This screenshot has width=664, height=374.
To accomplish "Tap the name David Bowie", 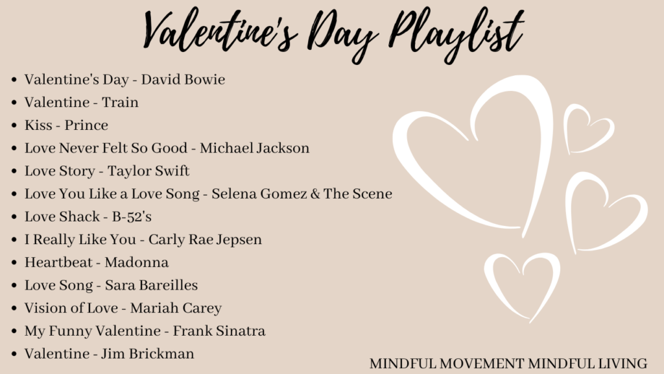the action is coord(183,79).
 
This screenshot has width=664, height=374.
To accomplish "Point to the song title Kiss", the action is coord(38,125).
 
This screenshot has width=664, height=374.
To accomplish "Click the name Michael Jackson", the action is coord(254,148).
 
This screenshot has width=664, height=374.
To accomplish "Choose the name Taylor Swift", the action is coord(148,171).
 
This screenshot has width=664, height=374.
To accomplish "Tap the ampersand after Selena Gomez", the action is coord(315,193).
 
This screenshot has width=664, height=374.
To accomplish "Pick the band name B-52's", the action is coord(132,217).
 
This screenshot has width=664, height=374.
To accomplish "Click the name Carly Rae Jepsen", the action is coord(205,240).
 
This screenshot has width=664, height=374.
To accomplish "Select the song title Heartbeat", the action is coord(58,262).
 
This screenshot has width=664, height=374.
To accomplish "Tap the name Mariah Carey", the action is coord(176,308).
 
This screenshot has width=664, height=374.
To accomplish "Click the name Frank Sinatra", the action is coord(219,331).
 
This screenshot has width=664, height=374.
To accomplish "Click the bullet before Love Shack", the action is coord(14,217).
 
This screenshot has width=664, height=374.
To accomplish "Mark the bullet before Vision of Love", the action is coord(14,308).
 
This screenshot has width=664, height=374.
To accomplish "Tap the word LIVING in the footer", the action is coord(622,364).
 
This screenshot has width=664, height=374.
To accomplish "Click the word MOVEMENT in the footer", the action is coord(482,364).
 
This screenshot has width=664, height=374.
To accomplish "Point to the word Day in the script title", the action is coord(342,36).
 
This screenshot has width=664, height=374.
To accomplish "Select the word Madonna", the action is coord(136,262).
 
